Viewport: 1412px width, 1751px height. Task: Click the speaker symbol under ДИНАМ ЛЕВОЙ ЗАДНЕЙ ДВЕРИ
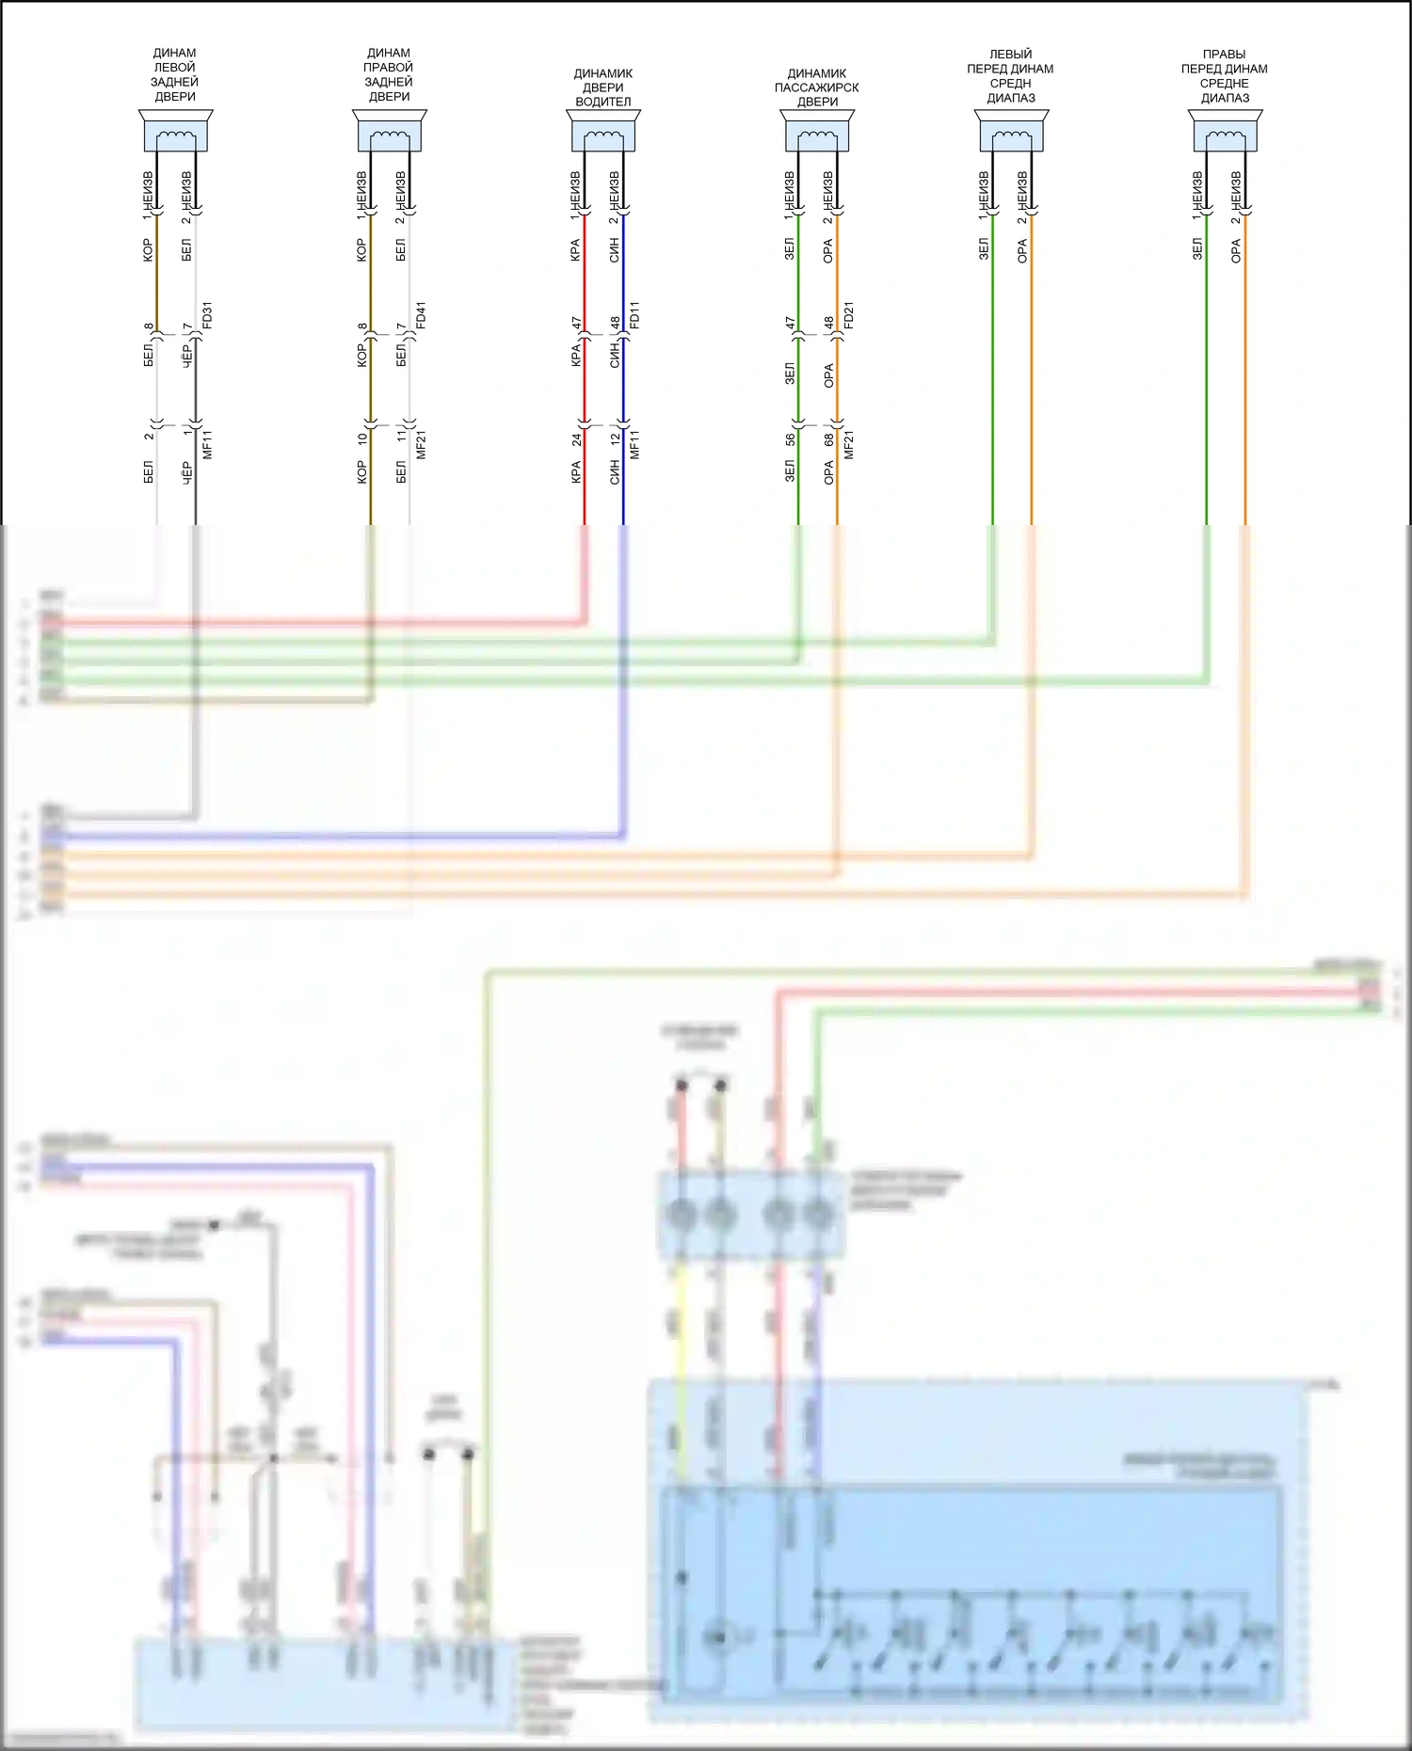coord(175,132)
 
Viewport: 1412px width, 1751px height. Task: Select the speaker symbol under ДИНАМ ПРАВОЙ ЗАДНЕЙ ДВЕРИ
coord(389,132)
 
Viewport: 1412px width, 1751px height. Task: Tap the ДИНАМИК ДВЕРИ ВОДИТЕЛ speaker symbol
coord(602,132)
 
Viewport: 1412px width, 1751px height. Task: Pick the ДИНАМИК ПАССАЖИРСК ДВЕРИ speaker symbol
coord(816,132)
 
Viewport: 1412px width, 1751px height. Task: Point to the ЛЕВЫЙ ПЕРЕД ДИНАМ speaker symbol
coord(1011,132)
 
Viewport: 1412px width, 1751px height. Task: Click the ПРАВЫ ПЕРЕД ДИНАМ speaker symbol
coord(1225,132)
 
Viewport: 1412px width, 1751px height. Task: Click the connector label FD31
coord(207,315)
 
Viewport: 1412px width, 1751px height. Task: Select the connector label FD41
coord(421,315)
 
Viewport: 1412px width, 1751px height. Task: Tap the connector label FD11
coord(634,315)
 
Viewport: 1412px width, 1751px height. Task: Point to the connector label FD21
coord(848,315)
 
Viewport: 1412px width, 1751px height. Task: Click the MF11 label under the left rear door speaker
coord(207,444)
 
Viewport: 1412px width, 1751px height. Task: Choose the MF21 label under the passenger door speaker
coord(848,444)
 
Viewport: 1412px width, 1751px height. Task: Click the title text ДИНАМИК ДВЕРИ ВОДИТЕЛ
coord(602,88)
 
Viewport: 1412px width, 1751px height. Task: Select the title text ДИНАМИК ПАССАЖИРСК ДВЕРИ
coord(816,88)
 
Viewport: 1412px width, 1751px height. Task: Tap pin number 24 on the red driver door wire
coord(576,438)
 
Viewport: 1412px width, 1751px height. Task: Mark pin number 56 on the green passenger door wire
coord(790,438)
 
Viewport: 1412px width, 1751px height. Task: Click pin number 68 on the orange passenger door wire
coord(828,438)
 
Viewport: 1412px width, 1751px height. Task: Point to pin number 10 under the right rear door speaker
coord(362,438)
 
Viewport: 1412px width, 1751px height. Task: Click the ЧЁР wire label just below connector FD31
coord(186,357)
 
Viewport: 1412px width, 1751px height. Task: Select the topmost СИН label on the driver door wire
coord(614,249)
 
